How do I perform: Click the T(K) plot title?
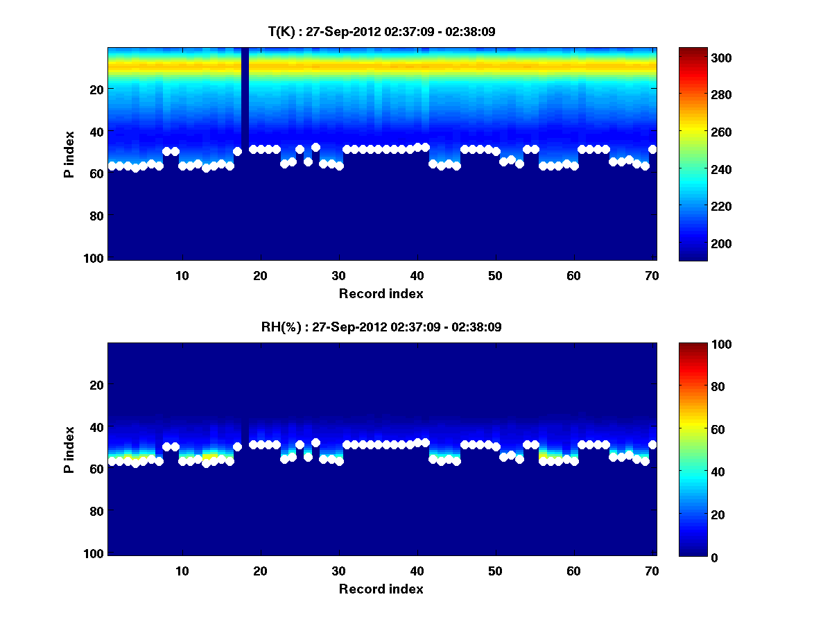[381, 32]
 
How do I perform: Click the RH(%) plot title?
[381, 327]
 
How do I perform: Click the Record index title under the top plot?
[381, 293]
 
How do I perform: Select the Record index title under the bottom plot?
[381, 589]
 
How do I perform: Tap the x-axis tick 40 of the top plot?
[417, 275]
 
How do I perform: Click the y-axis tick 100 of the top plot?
[95, 258]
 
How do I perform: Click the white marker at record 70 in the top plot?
[652, 149]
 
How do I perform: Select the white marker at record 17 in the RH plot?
[237, 447]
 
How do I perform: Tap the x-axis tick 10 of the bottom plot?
[182, 571]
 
